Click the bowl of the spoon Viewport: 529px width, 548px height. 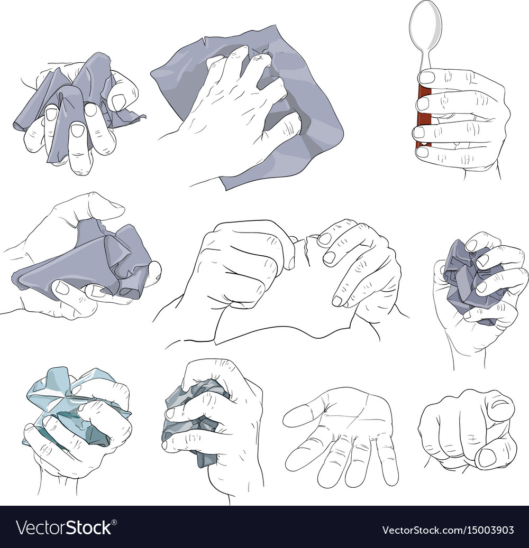click(x=425, y=26)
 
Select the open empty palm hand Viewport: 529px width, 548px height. click(x=341, y=437)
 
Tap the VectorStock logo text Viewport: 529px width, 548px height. click(x=64, y=528)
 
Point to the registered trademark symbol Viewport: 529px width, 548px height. click(x=114, y=523)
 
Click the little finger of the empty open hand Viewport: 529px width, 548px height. click(x=388, y=461)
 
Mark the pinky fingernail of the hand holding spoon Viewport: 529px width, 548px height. click(x=422, y=152)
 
